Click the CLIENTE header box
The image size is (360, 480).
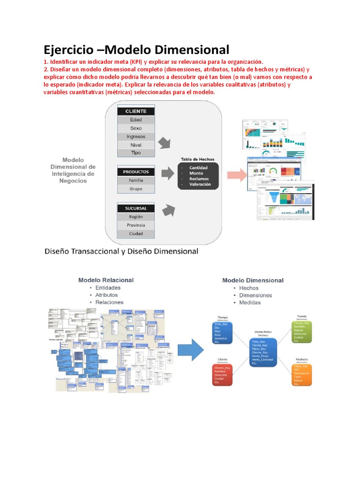click(x=135, y=111)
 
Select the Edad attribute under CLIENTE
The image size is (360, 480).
click(x=135, y=120)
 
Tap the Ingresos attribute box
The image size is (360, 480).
click(x=135, y=136)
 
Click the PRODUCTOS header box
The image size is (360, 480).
click(x=135, y=172)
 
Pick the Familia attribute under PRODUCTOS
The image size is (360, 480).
click(x=135, y=180)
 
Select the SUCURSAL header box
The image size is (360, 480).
click(x=135, y=208)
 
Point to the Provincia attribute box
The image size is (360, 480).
click(x=135, y=225)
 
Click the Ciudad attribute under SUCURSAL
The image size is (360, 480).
click(x=135, y=233)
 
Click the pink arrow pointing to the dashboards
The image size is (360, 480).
click(x=237, y=175)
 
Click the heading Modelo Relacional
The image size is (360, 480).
click(x=105, y=280)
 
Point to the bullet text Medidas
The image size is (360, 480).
click(x=250, y=302)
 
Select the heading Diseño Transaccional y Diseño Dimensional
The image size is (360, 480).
click(x=121, y=251)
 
